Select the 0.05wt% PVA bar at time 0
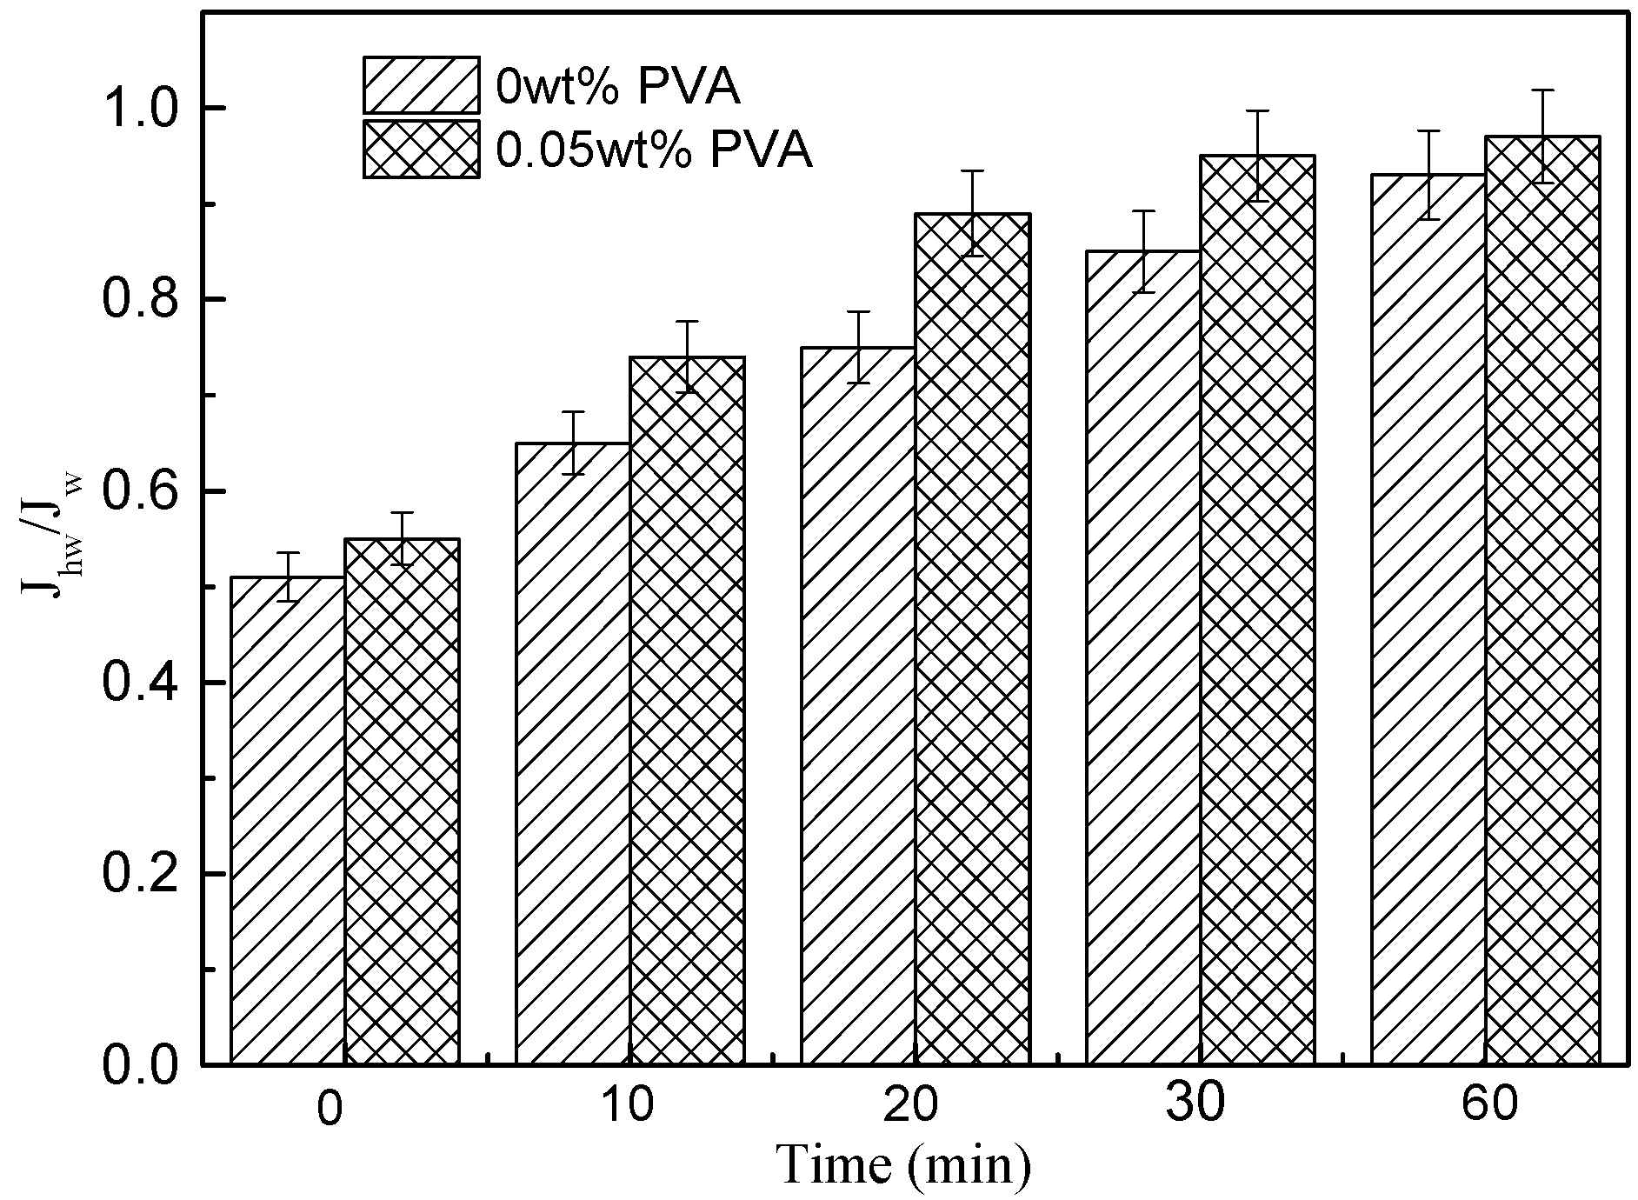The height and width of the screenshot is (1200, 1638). [402, 801]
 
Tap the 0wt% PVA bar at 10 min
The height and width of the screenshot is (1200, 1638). [573, 753]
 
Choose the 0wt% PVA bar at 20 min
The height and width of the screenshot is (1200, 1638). [858, 705]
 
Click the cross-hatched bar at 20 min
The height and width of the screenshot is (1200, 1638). [972, 638]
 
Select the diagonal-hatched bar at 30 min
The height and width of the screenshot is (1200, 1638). [1143, 657]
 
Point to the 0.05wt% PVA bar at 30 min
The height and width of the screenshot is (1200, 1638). [1257, 610]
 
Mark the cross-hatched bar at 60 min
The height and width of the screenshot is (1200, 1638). [1542, 600]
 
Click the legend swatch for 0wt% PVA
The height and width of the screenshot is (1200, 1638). [421, 85]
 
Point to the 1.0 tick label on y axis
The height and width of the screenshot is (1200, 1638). [139, 108]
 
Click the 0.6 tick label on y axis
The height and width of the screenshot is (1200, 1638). [139, 491]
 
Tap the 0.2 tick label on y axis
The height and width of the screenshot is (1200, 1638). [139, 874]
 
